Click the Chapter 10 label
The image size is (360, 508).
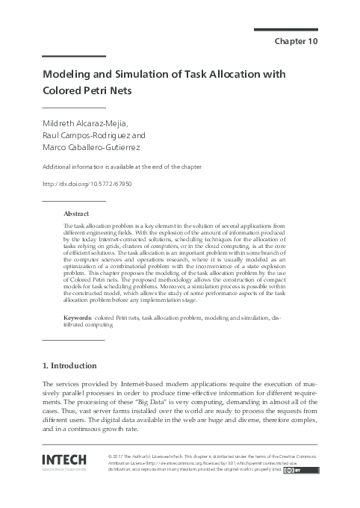point(297,41)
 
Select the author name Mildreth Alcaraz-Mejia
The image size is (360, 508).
point(90,123)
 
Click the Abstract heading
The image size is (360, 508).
point(77,213)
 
